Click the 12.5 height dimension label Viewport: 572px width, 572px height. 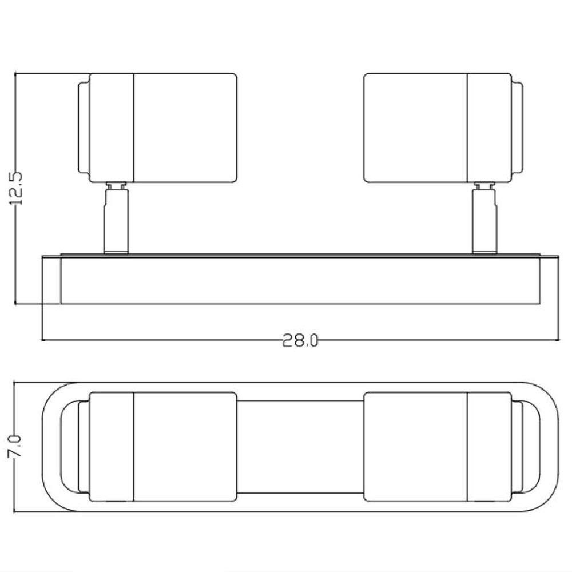16,188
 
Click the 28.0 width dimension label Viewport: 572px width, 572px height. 300,341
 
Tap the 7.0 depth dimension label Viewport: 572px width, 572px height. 15,446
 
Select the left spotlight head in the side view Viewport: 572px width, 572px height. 158,128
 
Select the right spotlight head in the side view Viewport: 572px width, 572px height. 443,128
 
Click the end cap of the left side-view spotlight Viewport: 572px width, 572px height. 84,128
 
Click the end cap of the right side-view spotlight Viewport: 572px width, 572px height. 517,128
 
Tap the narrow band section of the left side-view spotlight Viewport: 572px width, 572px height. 112,128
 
